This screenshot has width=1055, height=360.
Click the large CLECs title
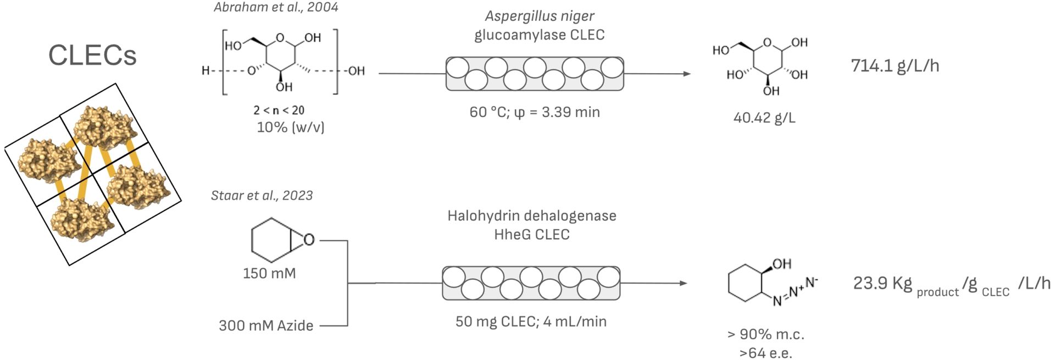click(92, 56)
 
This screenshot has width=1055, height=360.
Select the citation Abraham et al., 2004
click(275, 8)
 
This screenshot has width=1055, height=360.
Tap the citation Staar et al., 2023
click(262, 196)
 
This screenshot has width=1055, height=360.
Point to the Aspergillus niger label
click(539, 16)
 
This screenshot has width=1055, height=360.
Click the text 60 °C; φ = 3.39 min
click(534, 112)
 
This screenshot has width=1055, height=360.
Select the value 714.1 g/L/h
click(895, 66)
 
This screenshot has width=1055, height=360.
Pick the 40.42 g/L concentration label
click(764, 118)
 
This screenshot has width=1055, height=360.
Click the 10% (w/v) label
click(290, 128)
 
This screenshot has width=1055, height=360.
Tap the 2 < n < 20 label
click(279, 110)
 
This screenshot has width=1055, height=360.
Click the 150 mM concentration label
click(269, 273)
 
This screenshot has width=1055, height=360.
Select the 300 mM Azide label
click(266, 325)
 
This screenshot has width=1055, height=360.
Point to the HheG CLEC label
click(531, 235)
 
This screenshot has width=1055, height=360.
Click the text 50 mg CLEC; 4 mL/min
click(531, 322)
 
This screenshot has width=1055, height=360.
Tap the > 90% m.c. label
click(765, 334)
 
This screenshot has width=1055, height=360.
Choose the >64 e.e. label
click(765, 353)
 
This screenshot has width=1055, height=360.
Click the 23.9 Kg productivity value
click(882, 284)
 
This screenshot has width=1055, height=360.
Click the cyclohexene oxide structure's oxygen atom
click(309, 240)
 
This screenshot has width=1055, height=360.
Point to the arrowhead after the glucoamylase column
click(686, 74)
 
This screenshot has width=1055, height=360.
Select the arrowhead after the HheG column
click(683, 284)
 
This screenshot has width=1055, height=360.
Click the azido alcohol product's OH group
click(782, 264)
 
